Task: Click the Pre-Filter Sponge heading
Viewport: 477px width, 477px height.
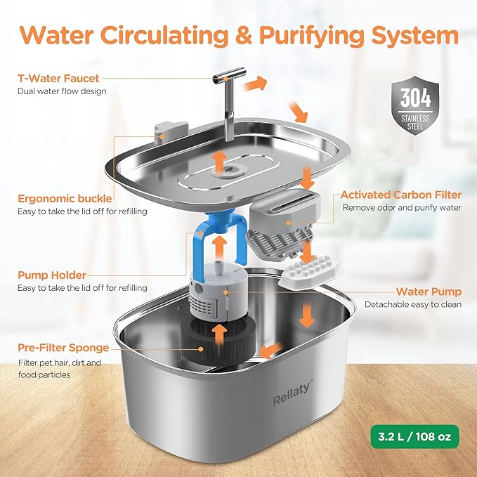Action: coord(64,348)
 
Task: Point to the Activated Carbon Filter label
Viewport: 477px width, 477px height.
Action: coord(401,195)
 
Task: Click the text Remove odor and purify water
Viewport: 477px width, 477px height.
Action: coord(402,208)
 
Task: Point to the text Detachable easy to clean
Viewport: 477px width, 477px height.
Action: coord(412,304)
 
